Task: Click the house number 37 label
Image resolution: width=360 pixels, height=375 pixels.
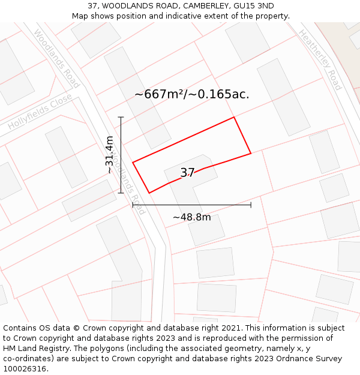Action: pyautogui.click(x=187, y=173)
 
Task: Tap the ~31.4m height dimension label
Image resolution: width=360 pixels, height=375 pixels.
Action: pyautogui.click(x=110, y=155)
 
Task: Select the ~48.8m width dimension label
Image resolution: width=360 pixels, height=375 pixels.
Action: pyautogui.click(x=192, y=217)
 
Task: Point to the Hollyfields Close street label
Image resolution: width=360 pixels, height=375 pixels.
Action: pyautogui.click(x=40, y=112)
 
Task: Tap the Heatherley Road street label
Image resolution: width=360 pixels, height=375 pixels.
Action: pyautogui.click(x=319, y=60)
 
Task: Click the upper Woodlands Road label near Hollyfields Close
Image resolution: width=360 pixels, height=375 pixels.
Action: pyautogui.click(x=57, y=58)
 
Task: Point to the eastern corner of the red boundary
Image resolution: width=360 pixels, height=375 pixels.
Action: pyautogui.click(x=251, y=154)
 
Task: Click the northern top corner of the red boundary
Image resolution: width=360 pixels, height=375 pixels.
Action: pyautogui.click(x=233, y=118)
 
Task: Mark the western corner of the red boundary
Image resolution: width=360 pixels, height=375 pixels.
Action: pyautogui.click(x=133, y=162)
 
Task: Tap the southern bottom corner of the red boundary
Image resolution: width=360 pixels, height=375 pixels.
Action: pyautogui.click(x=149, y=193)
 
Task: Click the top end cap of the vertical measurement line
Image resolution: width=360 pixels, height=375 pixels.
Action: pyautogui.click(x=121, y=117)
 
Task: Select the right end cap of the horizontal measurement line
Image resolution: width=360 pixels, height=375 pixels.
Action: pyautogui.click(x=251, y=205)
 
